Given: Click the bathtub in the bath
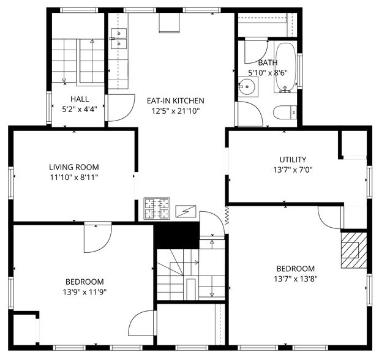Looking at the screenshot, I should coord(285,67).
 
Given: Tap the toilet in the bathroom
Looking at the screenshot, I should coord(286,112).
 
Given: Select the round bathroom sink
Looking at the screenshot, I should coord(249,88).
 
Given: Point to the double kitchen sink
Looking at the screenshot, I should coord(119,39).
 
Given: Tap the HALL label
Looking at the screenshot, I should coord(80,99).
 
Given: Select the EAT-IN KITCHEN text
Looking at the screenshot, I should coord(175,100).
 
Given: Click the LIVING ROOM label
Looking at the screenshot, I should coord(74,167).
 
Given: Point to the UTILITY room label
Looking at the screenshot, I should coord(293,160).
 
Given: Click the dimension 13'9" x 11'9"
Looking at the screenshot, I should coord(84,292).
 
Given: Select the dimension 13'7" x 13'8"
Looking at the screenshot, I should coord(295,279).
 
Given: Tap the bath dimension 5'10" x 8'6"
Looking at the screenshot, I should coord(268,72).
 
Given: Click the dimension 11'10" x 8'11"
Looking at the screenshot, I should coord(74,177).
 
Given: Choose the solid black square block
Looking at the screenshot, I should coord(176,234).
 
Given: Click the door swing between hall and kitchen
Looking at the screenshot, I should coord(121,109).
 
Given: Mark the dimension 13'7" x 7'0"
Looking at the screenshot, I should coord(293,170).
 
